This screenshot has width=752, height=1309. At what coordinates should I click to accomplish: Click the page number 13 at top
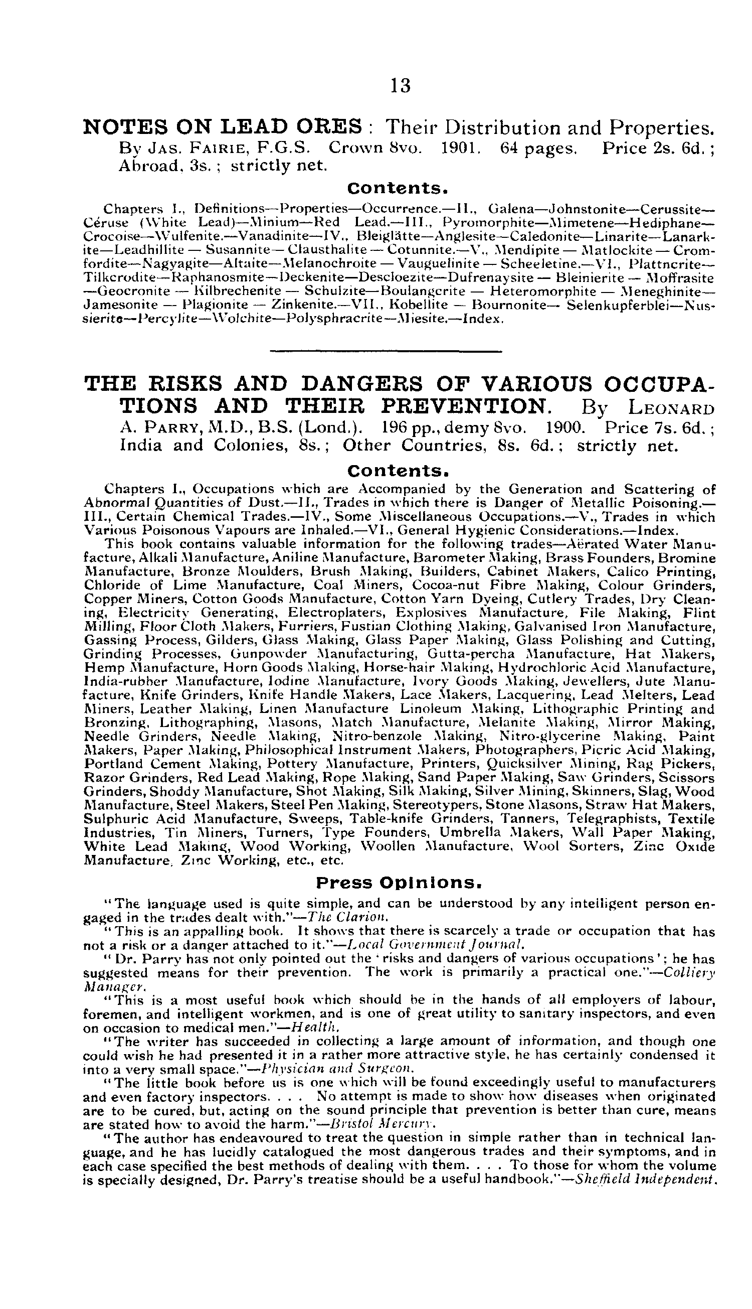pos(401,85)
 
